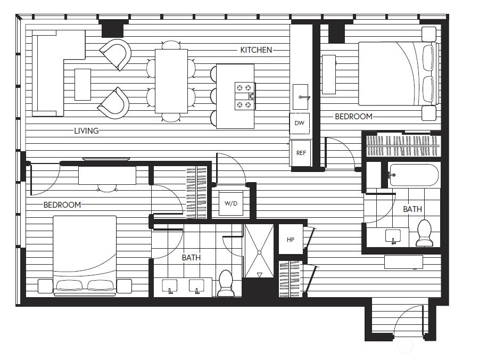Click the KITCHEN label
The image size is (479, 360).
click(x=256, y=50)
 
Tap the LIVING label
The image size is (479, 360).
click(x=86, y=130)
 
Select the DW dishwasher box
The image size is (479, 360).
click(x=299, y=123)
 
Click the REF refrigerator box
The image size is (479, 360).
click(x=301, y=153)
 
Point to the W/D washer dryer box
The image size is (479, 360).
click(x=230, y=203)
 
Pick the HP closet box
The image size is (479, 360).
click(x=291, y=240)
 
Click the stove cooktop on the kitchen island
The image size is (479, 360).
click(x=245, y=96)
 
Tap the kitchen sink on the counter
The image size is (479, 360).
click(x=301, y=97)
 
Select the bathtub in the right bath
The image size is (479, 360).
click(x=414, y=175)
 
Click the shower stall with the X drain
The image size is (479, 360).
click(x=259, y=251)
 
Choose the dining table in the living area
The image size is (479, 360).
click(x=171, y=81)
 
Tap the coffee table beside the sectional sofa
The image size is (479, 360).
click(x=82, y=84)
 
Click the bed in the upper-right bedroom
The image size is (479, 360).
click(x=397, y=73)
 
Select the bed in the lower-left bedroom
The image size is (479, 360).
click(x=85, y=255)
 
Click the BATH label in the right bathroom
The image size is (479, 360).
click(x=412, y=209)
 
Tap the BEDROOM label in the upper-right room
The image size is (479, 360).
click(x=353, y=117)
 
